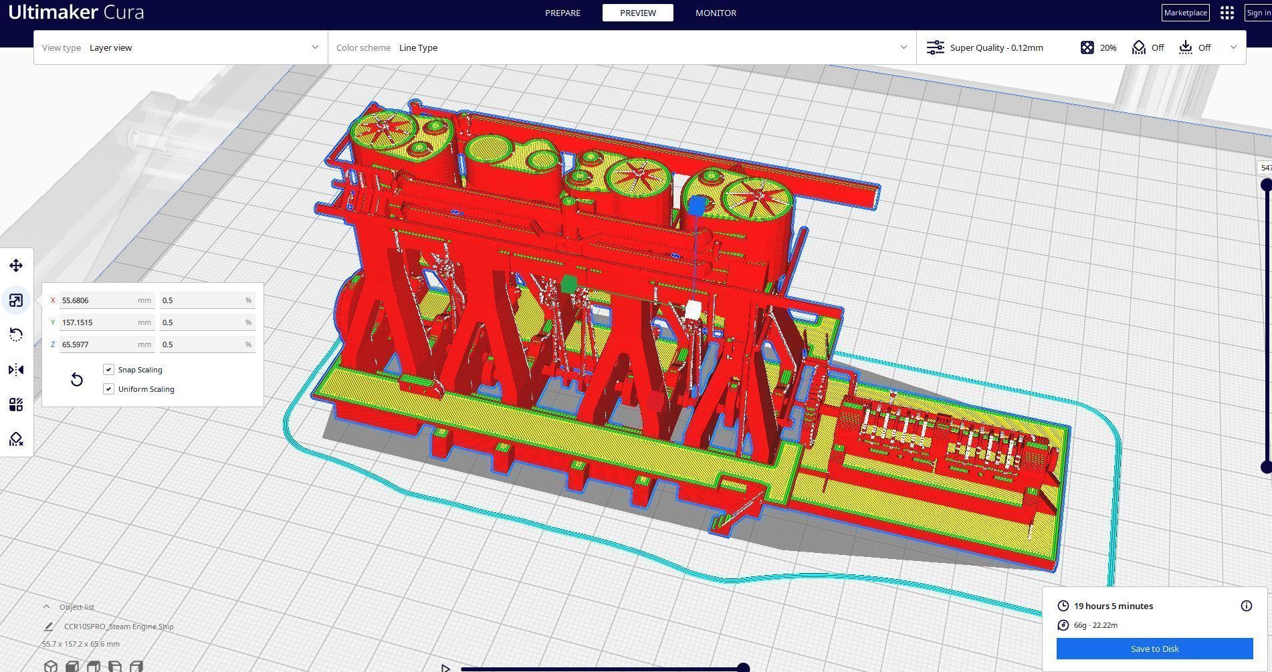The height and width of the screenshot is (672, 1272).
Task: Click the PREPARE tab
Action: pos(562,13)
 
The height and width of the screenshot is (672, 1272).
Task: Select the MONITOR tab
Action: pos(716,13)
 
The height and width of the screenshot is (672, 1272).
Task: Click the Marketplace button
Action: pos(1185,13)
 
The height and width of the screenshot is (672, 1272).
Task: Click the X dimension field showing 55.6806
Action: pos(100,301)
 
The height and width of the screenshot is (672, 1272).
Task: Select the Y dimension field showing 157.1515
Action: pos(100,322)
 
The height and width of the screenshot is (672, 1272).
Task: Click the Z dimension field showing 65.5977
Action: pos(100,344)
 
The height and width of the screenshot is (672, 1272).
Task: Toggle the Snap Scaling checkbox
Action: pos(109,370)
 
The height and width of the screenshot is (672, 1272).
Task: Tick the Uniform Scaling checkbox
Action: pos(109,389)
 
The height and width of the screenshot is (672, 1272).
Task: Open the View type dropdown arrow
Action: pos(315,47)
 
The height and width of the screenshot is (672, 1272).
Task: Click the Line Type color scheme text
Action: pos(418,47)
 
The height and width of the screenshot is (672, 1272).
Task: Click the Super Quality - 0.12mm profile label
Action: pos(996,47)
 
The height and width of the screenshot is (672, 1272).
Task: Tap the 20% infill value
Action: pos(1107,47)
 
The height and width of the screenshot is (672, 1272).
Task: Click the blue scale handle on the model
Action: pos(697,205)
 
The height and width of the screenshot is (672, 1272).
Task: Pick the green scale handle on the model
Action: pos(568,284)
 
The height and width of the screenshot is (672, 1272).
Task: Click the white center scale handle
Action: pos(694,310)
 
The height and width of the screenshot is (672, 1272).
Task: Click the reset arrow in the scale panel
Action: pos(77,380)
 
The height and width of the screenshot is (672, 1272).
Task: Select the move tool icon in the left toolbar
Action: pos(16,266)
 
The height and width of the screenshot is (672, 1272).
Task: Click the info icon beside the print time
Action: pos(1246,606)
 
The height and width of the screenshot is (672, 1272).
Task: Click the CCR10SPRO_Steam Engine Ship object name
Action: pos(118,627)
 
